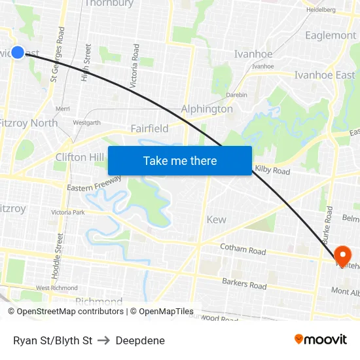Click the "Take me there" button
coord(180,160)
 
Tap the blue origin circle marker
coord(18,52)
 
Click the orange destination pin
coord(342,255)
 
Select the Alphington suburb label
coord(207,109)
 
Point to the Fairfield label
coord(149,128)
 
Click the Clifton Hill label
coord(80,157)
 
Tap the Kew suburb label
coord(217,220)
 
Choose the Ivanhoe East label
coord(325,75)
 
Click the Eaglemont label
coord(331,35)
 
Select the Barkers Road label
coord(244,285)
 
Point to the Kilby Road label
coord(272,170)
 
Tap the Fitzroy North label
coord(28,123)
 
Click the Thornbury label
coord(109,4)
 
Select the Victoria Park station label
coord(69,212)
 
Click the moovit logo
coord(321,340)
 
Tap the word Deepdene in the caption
coord(140,340)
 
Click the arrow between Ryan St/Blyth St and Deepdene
coord(104,340)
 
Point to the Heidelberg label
coord(321,10)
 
